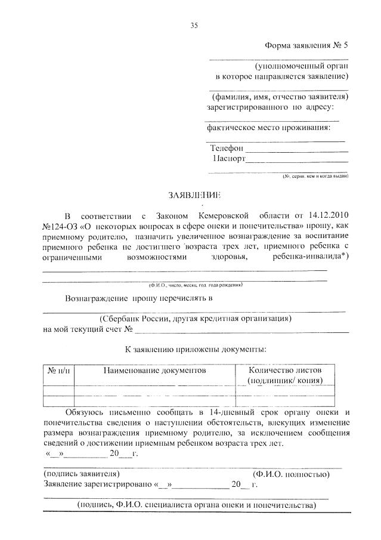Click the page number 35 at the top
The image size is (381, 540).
click(193, 25)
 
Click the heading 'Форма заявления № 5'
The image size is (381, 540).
click(306, 46)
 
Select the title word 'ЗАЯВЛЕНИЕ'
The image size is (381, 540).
click(194, 195)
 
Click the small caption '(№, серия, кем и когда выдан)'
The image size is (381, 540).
click(315, 177)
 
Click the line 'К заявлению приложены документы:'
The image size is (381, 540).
click(196, 348)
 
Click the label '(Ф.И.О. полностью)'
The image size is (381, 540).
click(291, 474)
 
